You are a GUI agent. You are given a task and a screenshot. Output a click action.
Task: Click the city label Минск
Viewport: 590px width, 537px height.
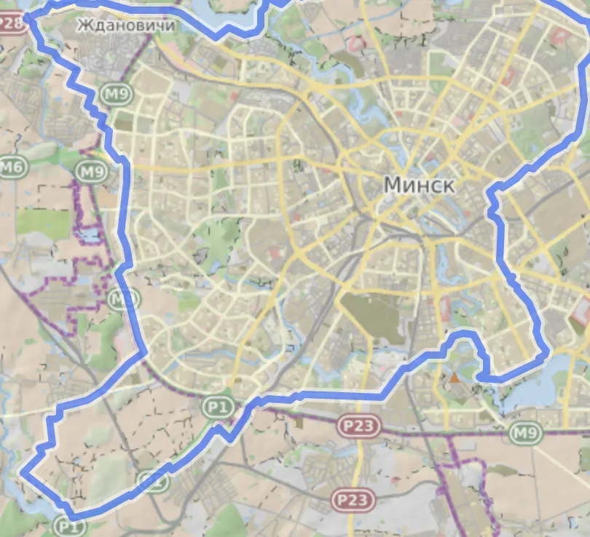(419, 185)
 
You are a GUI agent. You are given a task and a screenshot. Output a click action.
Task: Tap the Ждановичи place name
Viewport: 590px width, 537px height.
(126, 26)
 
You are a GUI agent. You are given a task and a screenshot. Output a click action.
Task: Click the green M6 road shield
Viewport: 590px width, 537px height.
(12, 168)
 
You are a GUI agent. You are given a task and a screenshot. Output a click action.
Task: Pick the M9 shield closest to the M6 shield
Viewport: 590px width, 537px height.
(91, 172)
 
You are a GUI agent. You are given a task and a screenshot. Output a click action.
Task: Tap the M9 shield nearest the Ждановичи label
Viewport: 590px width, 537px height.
(114, 94)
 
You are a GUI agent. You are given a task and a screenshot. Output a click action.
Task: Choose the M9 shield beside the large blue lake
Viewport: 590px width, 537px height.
(525, 434)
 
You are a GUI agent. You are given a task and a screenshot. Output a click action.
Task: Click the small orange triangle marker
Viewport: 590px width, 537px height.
(455, 378)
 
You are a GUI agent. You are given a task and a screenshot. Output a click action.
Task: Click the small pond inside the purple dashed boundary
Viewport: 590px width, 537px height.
(90, 236)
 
